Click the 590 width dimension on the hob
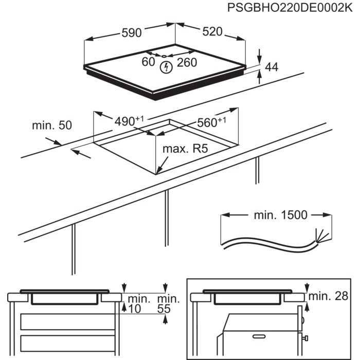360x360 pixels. pyautogui.click(x=131, y=32)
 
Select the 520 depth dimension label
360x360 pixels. pyautogui.click(x=212, y=32)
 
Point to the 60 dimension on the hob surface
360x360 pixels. pyautogui.click(x=148, y=62)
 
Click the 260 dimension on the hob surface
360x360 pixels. pyautogui.click(x=187, y=63)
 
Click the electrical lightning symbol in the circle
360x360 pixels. pyautogui.click(x=166, y=66)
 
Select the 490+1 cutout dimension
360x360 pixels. pyautogui.click(x=128, y=121)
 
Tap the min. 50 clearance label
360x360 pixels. pyautogui.click(x=51, y=125)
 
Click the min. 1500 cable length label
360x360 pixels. pyautogui.click(x=280, y=215)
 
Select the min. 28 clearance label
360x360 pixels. pyautogui.click(x=328, y=295)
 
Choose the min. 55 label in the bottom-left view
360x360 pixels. pyautogui.click(x=168, y=303)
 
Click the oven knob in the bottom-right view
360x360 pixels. pyautogui.click(x=305, y=337)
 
